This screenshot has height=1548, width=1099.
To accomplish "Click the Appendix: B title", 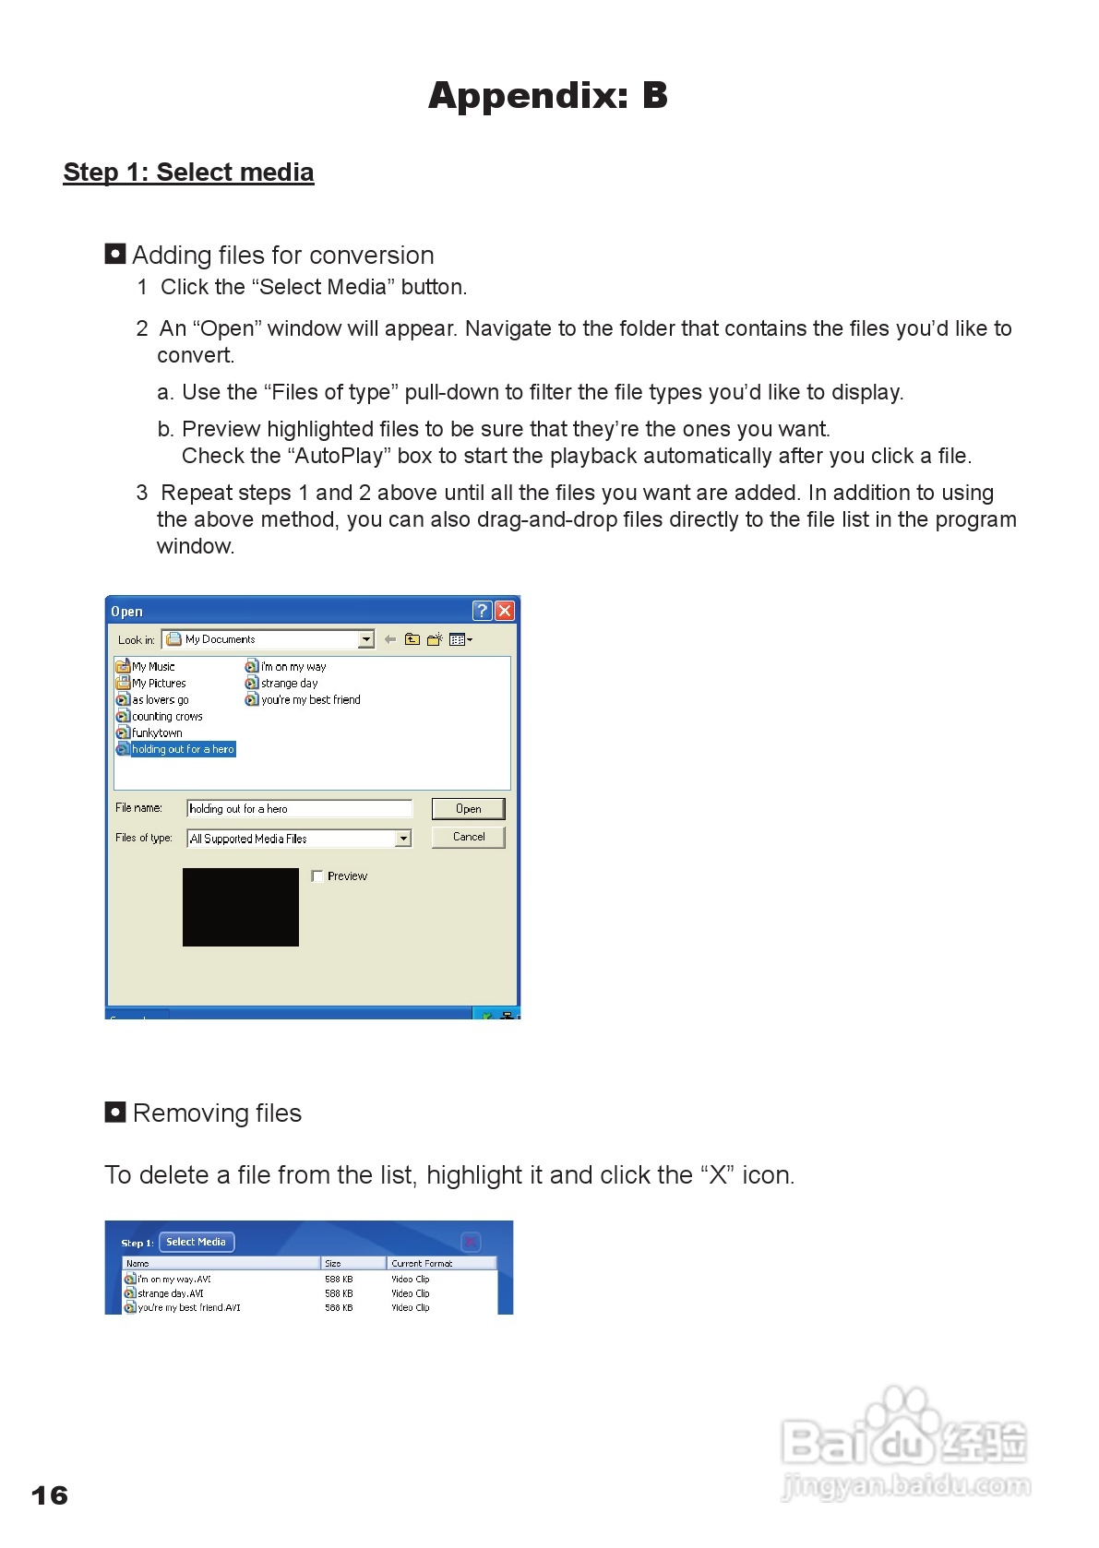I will point(547,96).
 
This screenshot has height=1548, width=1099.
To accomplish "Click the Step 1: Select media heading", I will point(188,173).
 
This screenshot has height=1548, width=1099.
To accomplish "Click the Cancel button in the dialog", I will point(468,837).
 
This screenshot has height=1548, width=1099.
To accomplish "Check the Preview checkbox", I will point(317,876).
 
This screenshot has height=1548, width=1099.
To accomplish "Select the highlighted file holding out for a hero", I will point(182,749).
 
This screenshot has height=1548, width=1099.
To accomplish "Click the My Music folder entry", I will point(152,666).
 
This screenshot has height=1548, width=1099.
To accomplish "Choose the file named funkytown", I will point(156,732).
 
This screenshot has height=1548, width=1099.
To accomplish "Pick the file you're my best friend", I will point(310,700).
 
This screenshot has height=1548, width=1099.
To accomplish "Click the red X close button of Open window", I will point(505,611).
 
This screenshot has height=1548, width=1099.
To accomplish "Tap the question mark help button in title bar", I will point(482,611).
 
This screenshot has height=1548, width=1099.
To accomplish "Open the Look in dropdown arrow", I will point(366,639).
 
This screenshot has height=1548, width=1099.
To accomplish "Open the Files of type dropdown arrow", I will point(403,839).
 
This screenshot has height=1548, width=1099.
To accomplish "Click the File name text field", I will point(299,809).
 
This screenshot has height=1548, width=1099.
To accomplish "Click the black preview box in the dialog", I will point(240,907).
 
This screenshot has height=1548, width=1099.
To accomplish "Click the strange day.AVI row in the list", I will point(171,1293).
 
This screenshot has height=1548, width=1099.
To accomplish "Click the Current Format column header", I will point(423,1264).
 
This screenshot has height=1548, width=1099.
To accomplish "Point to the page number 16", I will point(50,1495).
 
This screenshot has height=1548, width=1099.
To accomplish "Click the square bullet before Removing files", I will point(115,1112).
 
